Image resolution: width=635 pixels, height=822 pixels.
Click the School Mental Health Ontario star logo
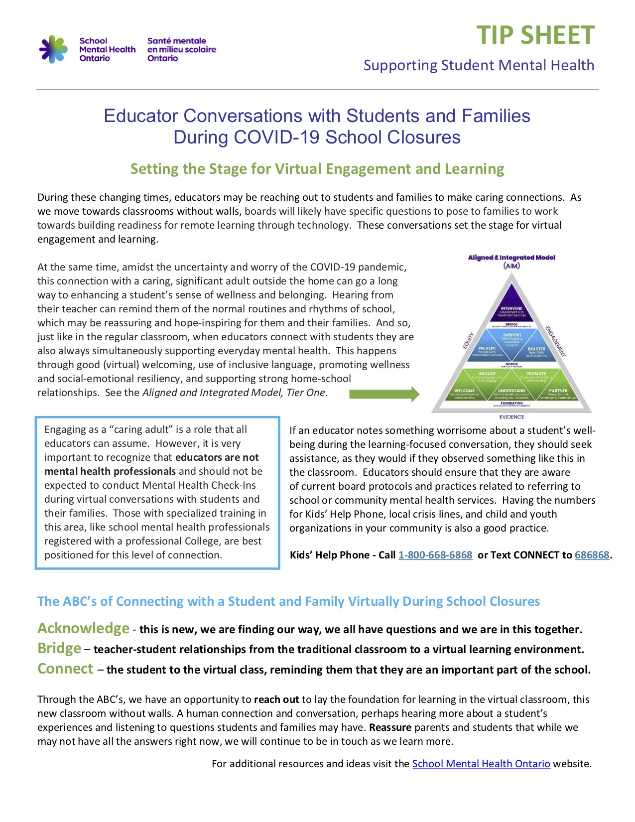click(53, 49)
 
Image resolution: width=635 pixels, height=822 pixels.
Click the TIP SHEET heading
click(535, 35)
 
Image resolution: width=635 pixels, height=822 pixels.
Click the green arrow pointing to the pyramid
click(384, 395)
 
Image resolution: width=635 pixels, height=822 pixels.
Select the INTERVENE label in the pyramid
click(511, 308)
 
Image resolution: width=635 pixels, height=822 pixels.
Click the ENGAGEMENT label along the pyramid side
click(555, 341)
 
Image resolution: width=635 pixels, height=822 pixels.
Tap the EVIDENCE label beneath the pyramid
click(511, 416)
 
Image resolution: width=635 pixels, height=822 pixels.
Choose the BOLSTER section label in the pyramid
click(536, 349)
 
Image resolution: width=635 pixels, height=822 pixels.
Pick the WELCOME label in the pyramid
click(464, 391)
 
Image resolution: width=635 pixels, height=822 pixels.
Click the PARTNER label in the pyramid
click(558, 391)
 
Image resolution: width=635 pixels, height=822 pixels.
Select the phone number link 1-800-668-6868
click(435, 555)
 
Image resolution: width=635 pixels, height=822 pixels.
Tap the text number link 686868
click(592, 555)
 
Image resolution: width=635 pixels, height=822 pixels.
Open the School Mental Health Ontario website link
click(481, 764)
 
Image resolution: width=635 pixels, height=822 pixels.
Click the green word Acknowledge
click(83, 628)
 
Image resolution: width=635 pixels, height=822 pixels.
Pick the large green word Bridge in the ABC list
click(59, 648)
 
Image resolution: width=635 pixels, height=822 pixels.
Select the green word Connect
click(65, 669)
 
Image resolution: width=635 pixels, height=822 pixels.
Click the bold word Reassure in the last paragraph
click(390, 727)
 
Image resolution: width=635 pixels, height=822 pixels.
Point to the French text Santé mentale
click(176, 41)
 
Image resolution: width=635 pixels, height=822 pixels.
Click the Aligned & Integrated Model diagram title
click(511, 258)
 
